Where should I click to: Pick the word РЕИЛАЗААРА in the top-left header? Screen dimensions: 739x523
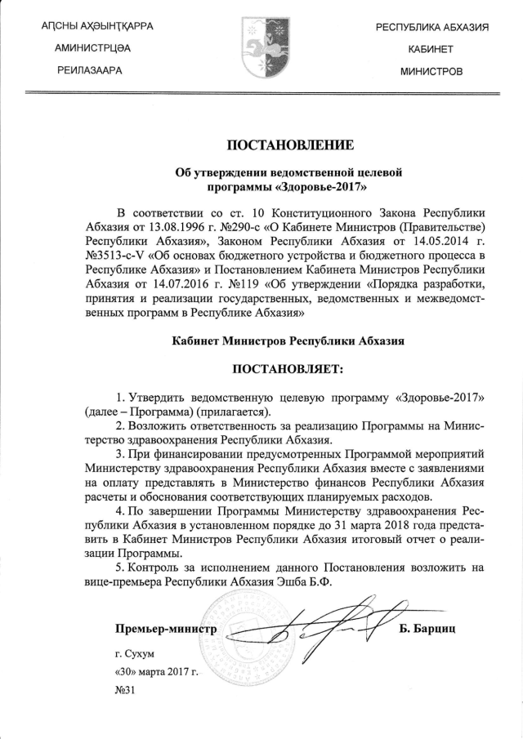pos(90,71)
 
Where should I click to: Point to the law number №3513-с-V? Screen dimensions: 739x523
pos(123,258)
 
